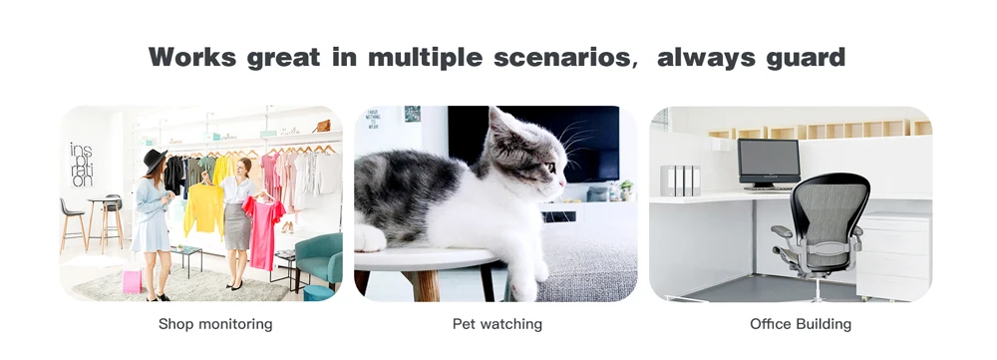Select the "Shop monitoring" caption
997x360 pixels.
(x=215, y=324)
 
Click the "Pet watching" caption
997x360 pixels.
(x=498, y=324)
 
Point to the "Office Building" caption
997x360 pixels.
(x=801, y=324)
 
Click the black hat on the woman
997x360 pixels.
(x=154, y=160)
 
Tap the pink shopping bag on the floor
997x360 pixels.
(x=132, y=280)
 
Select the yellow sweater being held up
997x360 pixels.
(x=203, y=209)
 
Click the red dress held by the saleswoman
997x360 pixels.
(x=262, y=232)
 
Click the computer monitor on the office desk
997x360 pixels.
(x=769, y=163)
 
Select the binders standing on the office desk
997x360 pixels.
(x=680, y=180)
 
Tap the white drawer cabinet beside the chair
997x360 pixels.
(x=894, y=255)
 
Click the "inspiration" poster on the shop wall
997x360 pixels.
(x=81, y=165)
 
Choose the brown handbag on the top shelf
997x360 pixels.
(x=322, y=126)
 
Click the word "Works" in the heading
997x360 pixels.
(x=191, y=57)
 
